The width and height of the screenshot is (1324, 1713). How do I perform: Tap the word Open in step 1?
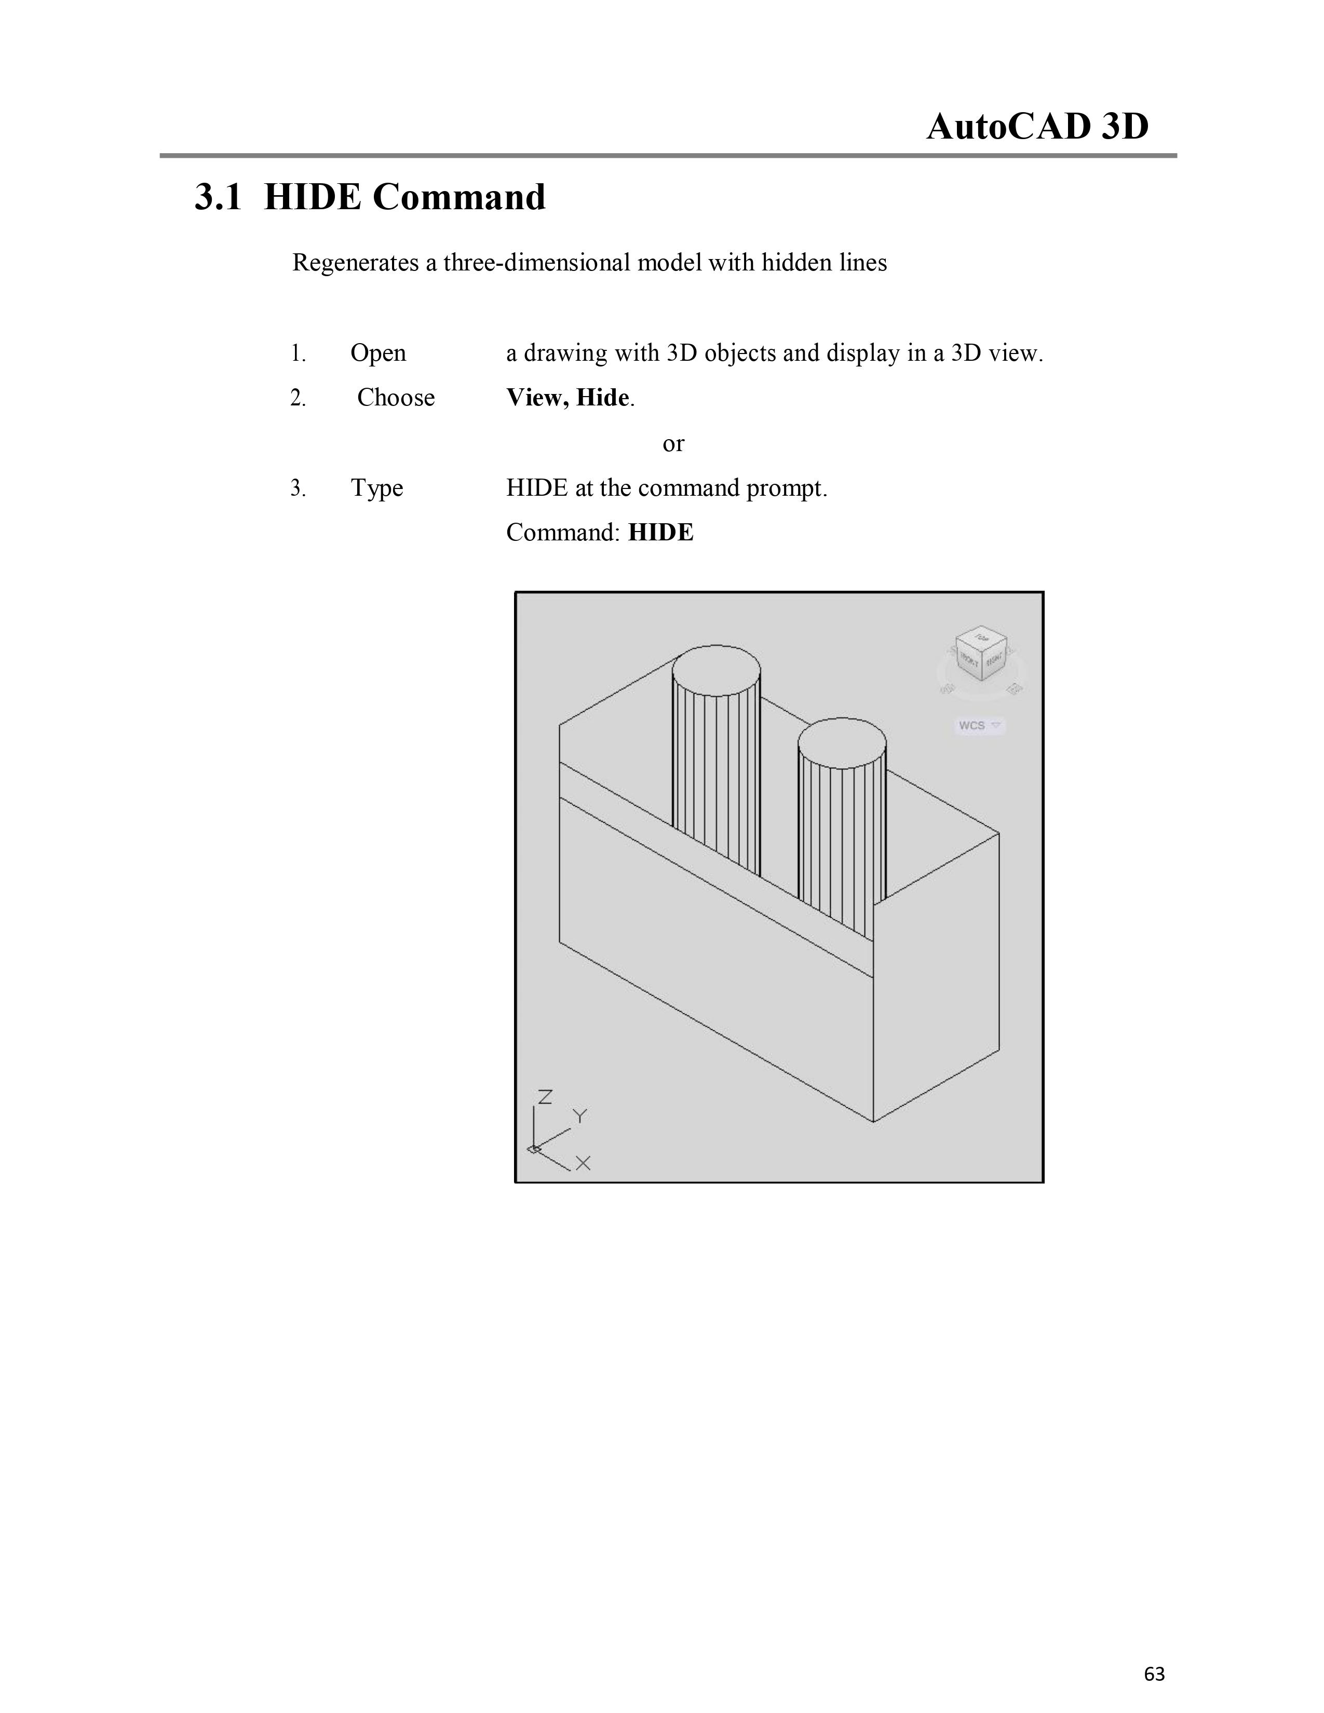pyautogui.click(x=378, y=353)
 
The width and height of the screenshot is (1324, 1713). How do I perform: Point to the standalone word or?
pyautogui.click(x=673, y=443)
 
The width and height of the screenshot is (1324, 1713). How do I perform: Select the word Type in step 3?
pyautogui.click(x=376, y=488)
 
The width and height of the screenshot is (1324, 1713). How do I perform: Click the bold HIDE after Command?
pyautogui.click(x=661, y=533)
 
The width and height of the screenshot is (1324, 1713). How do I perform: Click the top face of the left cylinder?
pyautogui.click(x=716, y=671)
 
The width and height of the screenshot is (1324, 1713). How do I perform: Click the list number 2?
pyautogui.click(x=298, y=399)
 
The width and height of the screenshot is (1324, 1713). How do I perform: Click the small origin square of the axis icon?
pyautogui.click(x=533, y=1149)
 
